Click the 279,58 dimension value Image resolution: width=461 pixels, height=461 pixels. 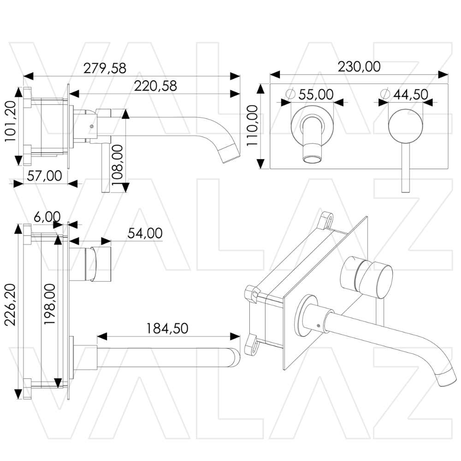(x=105, y=68)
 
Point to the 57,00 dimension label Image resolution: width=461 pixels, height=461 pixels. (x=44, y=176)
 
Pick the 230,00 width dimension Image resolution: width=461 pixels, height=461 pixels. (x=359, y=67)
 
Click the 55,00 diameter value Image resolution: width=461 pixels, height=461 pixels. (x=316, y=94)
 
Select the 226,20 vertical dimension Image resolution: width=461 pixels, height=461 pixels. (x=10, y=305)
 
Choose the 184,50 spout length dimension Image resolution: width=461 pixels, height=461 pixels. (x=167, y=328)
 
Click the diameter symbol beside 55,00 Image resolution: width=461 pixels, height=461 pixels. (x=290, y=94)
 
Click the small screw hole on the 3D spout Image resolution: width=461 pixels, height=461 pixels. (x=319, y=325)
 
